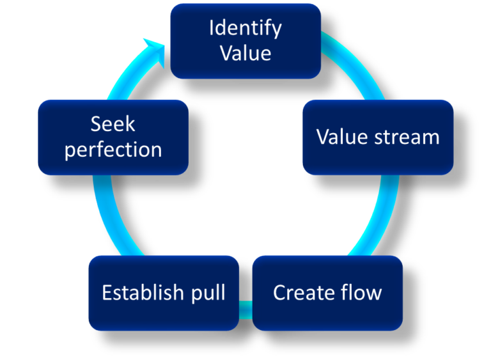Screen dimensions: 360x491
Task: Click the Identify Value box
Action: click(245, 41)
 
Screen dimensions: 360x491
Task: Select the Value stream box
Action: click(378, 137)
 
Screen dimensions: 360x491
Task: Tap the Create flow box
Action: click(327, 293)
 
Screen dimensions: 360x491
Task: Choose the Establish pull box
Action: click(164, 293)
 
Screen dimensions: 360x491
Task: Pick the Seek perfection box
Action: click(113, 137)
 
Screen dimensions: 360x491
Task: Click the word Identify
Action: click(245, 29)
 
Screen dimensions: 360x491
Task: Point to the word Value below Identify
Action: click(245, 53)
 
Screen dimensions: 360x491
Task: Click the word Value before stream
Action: click(342, 137)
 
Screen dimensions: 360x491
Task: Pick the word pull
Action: click(208, 293)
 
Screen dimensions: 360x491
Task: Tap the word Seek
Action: click(113, 123)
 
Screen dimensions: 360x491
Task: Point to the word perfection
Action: click(113, 150)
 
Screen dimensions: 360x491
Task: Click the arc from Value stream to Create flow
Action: click(377, 217)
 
